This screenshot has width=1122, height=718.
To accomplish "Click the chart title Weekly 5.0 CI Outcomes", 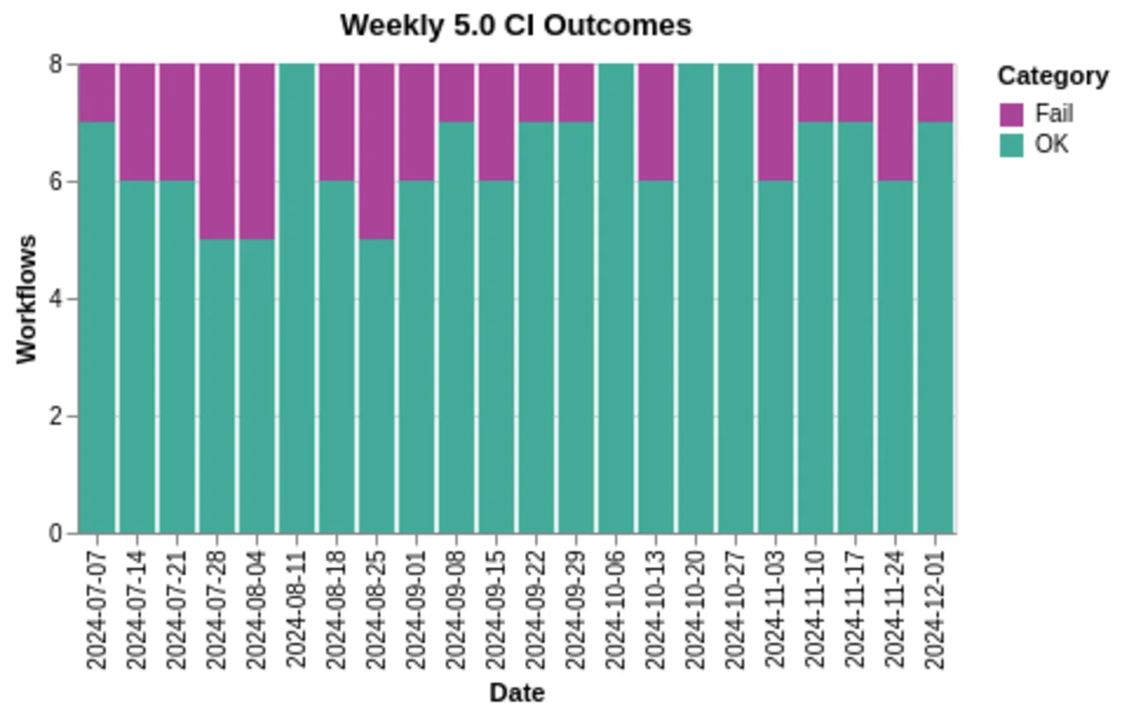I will click(516, 25).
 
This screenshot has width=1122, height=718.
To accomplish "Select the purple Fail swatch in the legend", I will click(1011, 114).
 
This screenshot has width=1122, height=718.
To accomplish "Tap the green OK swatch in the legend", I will click(1011, 145).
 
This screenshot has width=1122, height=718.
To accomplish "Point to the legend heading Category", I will click(1053, 76).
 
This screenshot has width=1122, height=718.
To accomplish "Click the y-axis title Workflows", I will click(27, 298).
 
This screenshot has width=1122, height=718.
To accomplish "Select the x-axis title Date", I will click(516, 693).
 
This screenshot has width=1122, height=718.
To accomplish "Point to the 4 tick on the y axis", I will click(56, 298).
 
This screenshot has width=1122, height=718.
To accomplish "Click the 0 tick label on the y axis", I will click(56, 533).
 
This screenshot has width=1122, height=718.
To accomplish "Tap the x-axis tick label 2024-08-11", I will click(297, 607).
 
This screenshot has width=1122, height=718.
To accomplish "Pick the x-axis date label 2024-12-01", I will click(936, 607).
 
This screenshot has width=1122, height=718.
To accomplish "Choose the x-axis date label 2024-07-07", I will click(97, 607).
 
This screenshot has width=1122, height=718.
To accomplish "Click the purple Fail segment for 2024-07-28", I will click(217, 151).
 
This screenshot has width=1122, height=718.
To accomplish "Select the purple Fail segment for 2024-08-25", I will click(377, 151).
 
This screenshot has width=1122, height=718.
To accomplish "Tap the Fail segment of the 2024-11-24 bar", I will click(895, 122).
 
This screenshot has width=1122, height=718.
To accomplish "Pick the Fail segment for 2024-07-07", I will click(97, 92).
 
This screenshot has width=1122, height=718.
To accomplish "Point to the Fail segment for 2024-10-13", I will click(656, 122).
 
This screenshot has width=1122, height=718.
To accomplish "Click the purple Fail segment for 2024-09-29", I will click(576, 92).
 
